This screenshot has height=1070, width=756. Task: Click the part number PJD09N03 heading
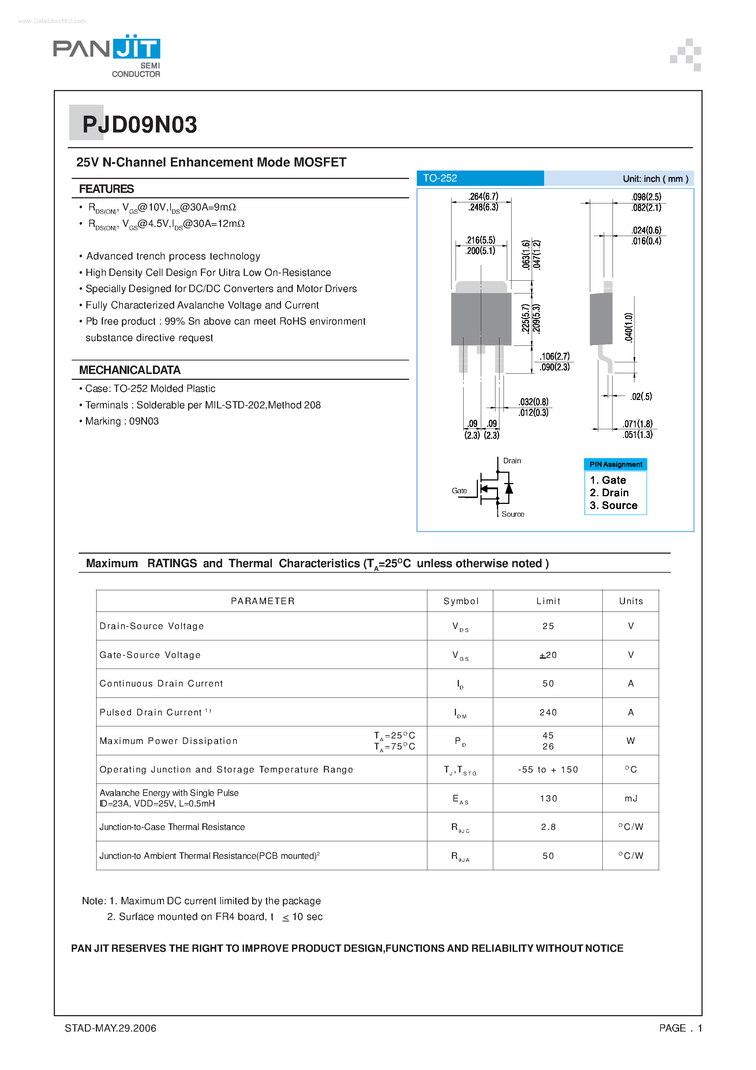click(x=139, y=125)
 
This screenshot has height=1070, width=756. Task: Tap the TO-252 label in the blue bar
click(x=439, y=178)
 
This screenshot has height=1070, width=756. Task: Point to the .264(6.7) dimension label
click(x=483, y=196)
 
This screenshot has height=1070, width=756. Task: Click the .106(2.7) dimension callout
click(x=555, y=356)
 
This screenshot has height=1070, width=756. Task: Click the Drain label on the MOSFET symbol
click(x=512, y=460)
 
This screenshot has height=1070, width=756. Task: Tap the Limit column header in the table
click(x=548, y=601)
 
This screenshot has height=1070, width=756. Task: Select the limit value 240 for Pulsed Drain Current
click(x=548, y=712)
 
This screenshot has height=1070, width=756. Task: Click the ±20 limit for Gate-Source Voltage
click(x=548, y=655)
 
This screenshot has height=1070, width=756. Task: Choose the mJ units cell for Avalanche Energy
click(x=630, y=798)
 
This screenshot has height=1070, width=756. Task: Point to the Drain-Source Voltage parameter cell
click(x=151, y=626)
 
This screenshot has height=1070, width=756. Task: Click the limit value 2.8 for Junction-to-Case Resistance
click(x=548, y=827)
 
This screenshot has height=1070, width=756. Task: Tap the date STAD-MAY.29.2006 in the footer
click(x=111, y=1028)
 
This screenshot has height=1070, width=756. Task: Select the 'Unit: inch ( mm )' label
click(x=655, y=179)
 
